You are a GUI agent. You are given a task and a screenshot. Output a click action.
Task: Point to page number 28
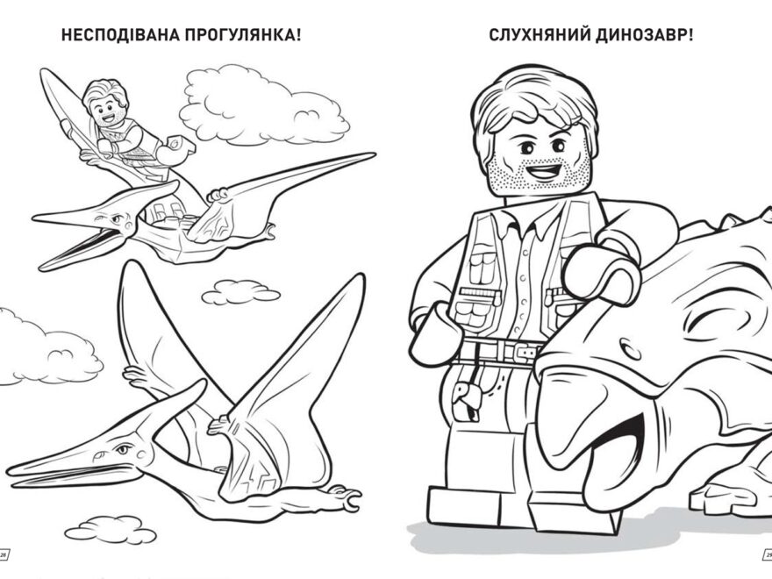coord(4,554)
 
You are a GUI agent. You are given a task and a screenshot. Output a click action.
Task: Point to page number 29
coord(767,554)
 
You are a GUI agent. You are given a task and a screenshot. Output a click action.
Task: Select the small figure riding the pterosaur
coord(123,123)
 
